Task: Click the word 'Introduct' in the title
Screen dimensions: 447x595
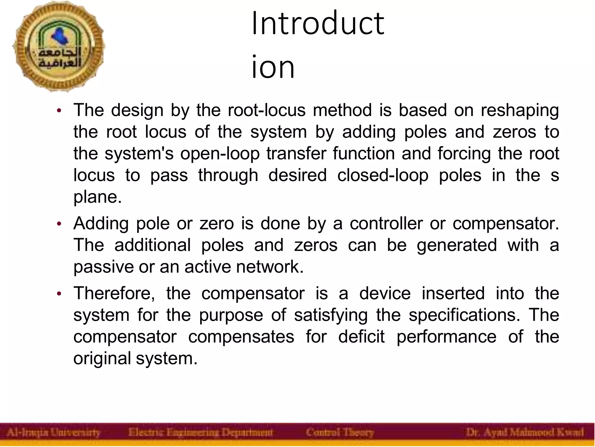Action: [x=318, y=23]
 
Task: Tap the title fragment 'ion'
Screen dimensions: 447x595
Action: [x=273, y=67]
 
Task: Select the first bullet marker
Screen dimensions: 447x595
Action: [x=59, y=111]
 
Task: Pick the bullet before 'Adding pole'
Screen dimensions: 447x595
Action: [x=59, y=224]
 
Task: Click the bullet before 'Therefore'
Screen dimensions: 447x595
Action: [x=59, y=294]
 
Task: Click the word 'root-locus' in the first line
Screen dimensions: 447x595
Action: [x=266, y=110]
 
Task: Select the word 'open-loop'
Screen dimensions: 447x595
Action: [x=220, y=154]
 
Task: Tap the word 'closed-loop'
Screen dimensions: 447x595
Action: [x=383, y=175]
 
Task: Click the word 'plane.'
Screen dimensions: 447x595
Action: [x=97, y=197]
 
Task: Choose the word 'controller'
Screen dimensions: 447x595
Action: [x=386, y=223]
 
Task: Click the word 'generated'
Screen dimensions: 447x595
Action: [x=457, y=245]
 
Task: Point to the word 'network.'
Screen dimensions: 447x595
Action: [x=270, y=267]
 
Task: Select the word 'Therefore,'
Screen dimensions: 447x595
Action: [x=114, y=293]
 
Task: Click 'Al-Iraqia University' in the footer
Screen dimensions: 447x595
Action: [x=53, y=432]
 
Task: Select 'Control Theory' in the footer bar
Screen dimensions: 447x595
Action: [x=340, y=432]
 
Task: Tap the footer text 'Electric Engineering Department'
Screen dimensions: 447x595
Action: [x=201, y=432]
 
